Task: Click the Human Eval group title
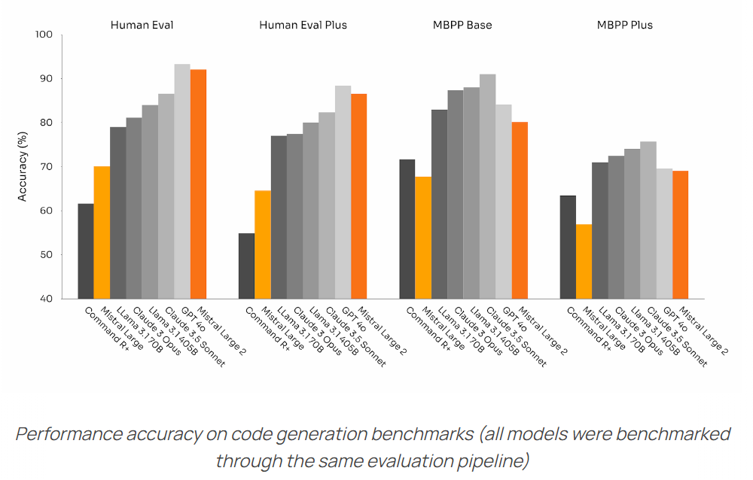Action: [x=142, y=25]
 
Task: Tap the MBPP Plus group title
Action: [x=624, y=25]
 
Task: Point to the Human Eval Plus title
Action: [x=303, y=25]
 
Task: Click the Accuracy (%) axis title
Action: [x=23, y=166]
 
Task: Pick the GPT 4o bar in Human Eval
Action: [x=182, y=181]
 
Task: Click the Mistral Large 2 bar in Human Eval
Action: [x=198, y=184]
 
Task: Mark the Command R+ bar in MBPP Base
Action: [x=407, y=229]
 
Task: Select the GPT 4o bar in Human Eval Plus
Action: [x=343, y=192]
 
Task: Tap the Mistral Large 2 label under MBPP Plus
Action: [x=703, y=330]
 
